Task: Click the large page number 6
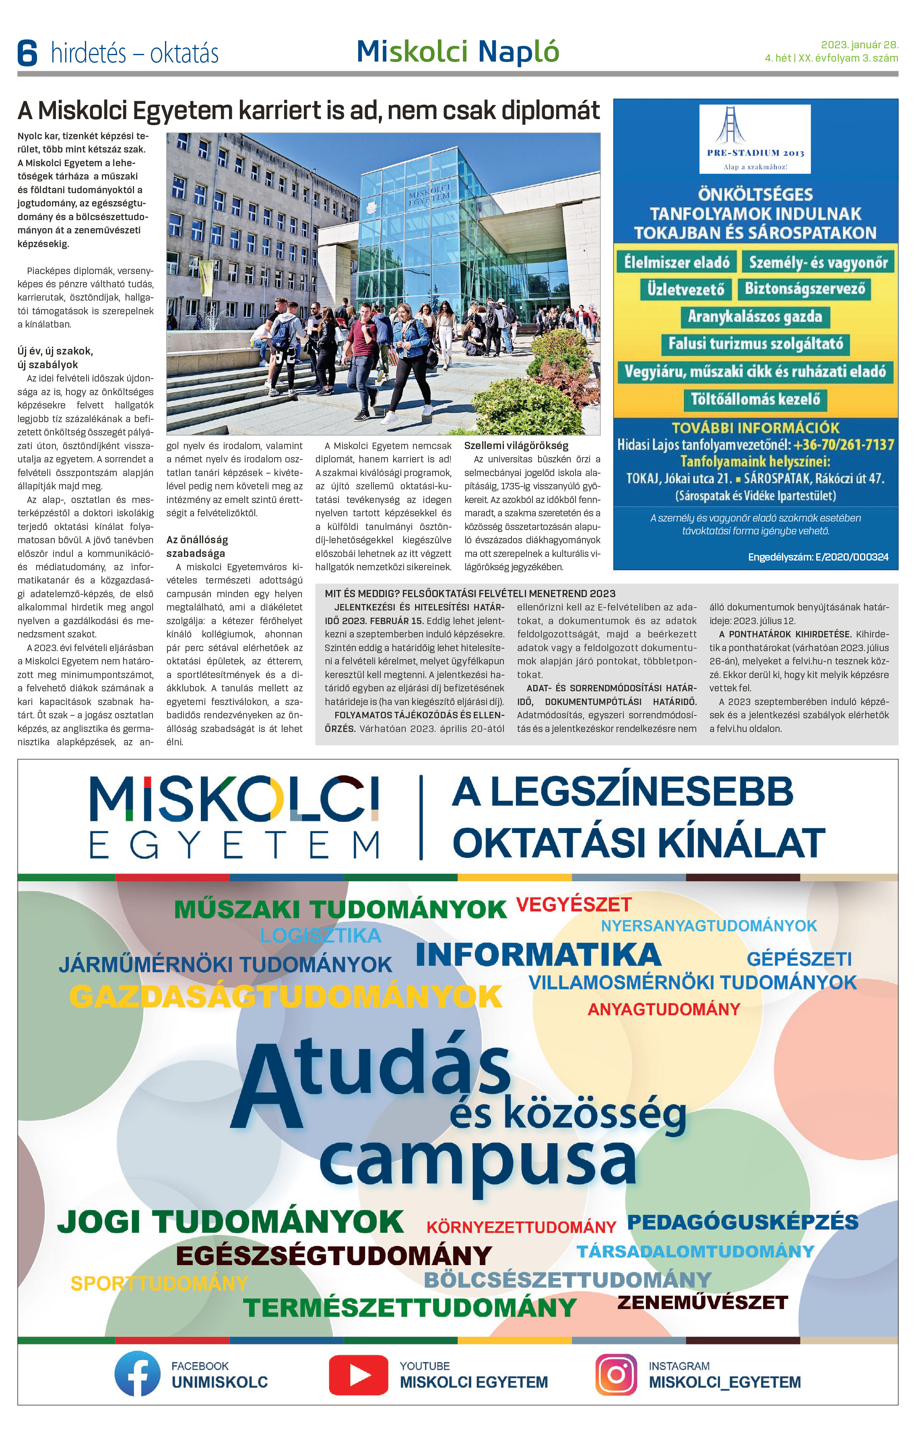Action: coord(27,53)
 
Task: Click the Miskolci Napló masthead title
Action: coord(458,52)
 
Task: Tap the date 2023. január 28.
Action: coord(859,44)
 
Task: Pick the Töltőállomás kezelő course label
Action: coord(755,399)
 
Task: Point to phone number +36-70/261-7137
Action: coord(844,445)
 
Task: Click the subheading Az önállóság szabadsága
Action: coord(197,546)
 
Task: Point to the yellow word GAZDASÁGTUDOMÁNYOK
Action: coord(286,997)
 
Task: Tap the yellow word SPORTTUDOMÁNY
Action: coord(159,1283)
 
